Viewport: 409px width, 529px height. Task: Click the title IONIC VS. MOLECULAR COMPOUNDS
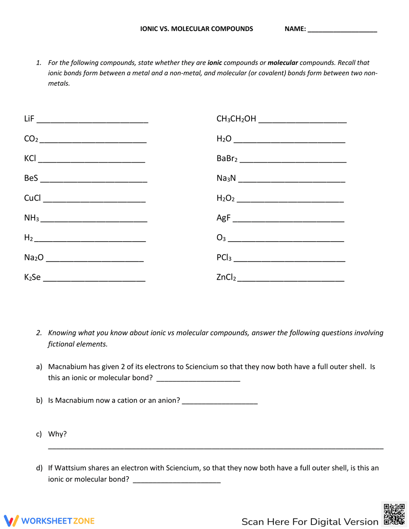tap(196, 29)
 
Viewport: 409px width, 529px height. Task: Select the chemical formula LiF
tap(29, 119)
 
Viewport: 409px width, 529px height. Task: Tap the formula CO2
tap(31, 139)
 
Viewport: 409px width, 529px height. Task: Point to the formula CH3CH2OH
tap(236, 119)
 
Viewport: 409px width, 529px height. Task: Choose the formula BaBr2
tap(227, 158)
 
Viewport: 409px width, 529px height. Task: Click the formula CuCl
tap(32, 198)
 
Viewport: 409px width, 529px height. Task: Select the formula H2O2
tap(225, 198)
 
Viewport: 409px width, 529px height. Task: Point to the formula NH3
tap(31, 218)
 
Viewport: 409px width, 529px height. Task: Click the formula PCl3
tap(224, 258)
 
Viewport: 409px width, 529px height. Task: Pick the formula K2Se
tap(32, 277)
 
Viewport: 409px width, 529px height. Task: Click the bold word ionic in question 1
tap(215, 63)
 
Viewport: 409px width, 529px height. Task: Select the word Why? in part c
tap(57, 434)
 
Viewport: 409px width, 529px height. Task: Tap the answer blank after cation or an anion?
tap(220, 402)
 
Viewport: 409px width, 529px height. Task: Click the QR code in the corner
tap(394, 514)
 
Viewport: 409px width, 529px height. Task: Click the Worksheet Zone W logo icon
tap(11, 520)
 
